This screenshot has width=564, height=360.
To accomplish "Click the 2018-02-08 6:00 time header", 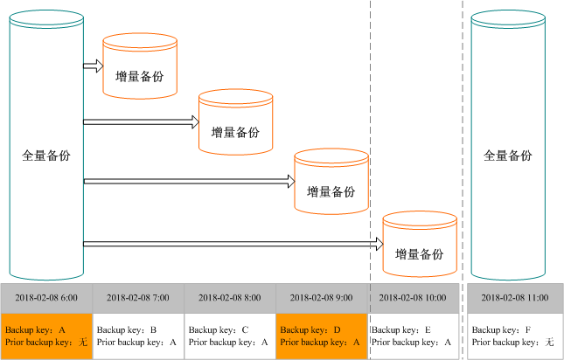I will point(46,298).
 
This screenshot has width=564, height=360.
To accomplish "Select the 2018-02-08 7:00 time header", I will point(138,298).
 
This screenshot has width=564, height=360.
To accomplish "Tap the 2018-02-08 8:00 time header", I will point(230,298).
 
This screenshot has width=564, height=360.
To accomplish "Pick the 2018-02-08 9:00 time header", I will point(321,298).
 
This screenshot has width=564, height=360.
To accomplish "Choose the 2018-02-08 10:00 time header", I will point(413,298).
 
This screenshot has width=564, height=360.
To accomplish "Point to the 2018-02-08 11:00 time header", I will point(515,298).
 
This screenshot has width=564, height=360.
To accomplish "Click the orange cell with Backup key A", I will point(46,336).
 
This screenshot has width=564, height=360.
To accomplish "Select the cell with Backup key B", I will point(138,336).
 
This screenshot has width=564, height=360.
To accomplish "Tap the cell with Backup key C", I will point(230,336).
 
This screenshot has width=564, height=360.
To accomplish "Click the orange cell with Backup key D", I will point(321,336).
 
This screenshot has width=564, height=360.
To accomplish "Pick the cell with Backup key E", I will point(413,336).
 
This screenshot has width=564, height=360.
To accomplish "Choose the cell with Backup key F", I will point(515,336).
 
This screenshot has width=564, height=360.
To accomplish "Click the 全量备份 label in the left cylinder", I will point(46,156).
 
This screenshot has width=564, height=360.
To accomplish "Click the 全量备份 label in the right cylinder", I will point(508,156).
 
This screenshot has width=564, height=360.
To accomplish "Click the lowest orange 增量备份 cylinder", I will point(420,244).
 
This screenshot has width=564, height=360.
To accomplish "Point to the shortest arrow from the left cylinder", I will point(93,66).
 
